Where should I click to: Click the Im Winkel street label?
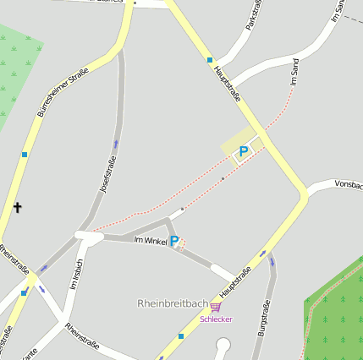[151, 241]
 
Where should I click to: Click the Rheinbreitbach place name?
[173, 303]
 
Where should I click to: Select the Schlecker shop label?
[216, 319]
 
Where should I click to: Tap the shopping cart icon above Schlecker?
[216, 307]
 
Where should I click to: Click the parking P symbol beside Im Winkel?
[174, 242]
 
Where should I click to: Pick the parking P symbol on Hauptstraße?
[244, 152]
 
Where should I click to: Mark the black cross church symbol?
[16, 205]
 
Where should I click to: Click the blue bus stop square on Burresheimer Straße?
[25, 154]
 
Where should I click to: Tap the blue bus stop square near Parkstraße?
[210, 60]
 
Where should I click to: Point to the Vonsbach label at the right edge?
[348, 183]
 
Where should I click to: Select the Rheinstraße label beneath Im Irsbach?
[82, 335]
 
